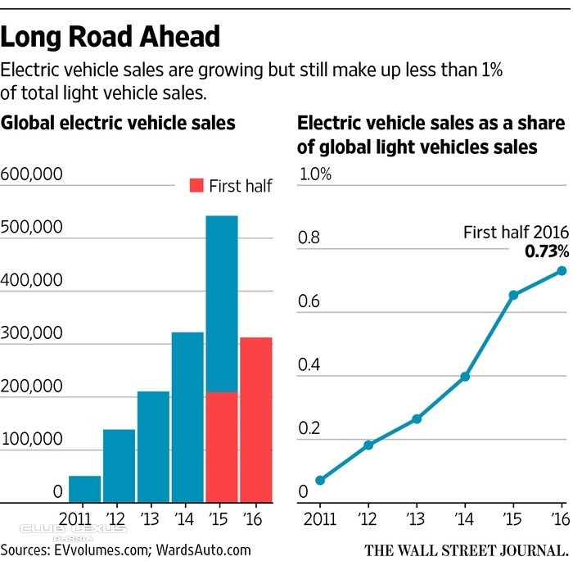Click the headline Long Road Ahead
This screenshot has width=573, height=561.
111,38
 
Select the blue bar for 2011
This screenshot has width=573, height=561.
85,489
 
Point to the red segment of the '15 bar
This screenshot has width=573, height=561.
222,447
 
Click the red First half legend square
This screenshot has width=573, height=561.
196,185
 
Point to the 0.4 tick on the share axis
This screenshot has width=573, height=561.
309,364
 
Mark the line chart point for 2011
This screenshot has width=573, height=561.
319,480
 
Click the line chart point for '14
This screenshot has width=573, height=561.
465,377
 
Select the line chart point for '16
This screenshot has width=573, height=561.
562,270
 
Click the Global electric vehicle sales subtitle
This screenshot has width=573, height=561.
119,124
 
